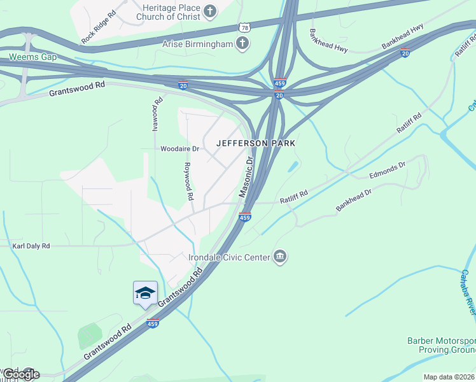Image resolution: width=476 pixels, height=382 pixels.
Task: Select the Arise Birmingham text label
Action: click(197, 43)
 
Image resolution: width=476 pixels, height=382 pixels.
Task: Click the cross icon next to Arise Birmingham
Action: click(242, 43)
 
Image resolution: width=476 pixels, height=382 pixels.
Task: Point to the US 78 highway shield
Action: click(244, 28)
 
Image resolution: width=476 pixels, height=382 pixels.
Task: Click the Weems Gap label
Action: click(32, 57)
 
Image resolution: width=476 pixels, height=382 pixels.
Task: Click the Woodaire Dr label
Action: click(180, 149)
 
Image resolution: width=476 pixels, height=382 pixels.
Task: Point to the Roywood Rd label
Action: click(188, 181)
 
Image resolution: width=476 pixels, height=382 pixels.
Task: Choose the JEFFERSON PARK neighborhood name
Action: click(256, 143)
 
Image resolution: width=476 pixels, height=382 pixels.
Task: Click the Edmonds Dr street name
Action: click(388, 170)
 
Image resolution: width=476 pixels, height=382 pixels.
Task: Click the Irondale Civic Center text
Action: click(230, 257)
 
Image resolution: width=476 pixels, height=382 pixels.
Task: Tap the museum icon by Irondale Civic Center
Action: click(280, 257)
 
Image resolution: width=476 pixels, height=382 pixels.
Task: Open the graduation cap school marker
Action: click(145, 294)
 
